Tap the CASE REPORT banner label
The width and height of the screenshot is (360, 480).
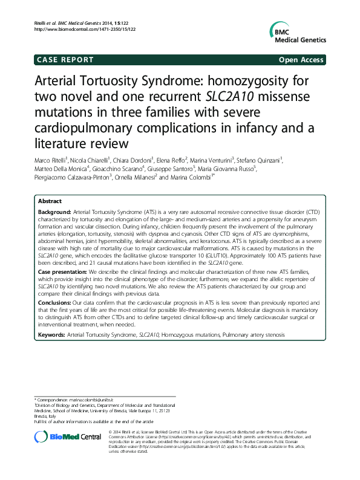65,60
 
